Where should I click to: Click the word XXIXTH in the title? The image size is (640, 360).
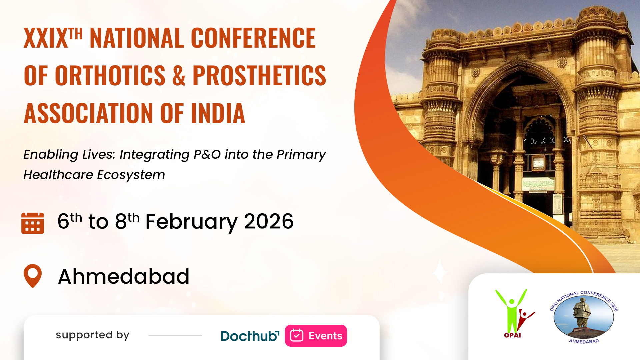pyautogui.click(x=53, y=38)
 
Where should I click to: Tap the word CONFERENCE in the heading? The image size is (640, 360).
pyautogui.click(x=253, y=38)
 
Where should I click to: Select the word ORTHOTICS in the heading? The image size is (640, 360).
pyautogui.click(x=110, y=75)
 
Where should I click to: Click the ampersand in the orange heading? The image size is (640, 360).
pyautogui.click(x=179, y=75)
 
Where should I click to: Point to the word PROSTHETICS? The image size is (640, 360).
pyautogui.click(x=259, y=75)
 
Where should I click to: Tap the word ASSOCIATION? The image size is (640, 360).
pyautogui.click(x=88, y=113)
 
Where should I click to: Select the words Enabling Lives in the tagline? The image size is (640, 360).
pyautogui.click(x=69, y=154)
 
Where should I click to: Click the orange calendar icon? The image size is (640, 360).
pyautogui.click(x=33, y=223)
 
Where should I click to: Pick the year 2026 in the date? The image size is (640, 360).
pyautogui.click(x=269, y=221)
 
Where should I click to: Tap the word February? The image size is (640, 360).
pyautogui.click(x=191, y=222)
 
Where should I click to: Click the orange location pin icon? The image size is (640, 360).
pyautogui.click(x=33, y=276)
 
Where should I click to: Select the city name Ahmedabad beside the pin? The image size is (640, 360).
pyautogui.click(x=124, y=276)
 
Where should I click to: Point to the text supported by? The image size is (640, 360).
pyautogui.click(x=92, y=335)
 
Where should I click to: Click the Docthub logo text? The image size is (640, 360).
pyautogui.click(x=250, y=336)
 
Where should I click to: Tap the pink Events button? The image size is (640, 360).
pyautogui.click(x=316, y=336)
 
